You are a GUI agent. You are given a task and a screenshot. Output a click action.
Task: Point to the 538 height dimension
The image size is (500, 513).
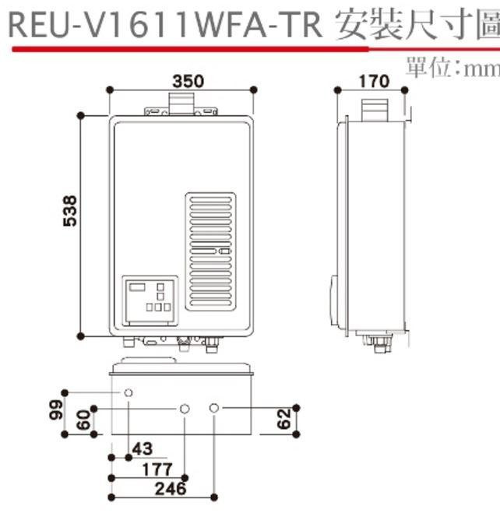click(69, 211)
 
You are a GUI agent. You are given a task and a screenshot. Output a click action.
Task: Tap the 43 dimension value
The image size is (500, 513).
click(142, 449)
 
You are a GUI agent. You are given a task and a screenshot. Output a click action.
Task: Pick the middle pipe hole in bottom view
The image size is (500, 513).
click(185, 408)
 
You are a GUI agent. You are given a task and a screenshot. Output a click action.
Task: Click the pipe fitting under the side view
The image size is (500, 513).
click(378, 342)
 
